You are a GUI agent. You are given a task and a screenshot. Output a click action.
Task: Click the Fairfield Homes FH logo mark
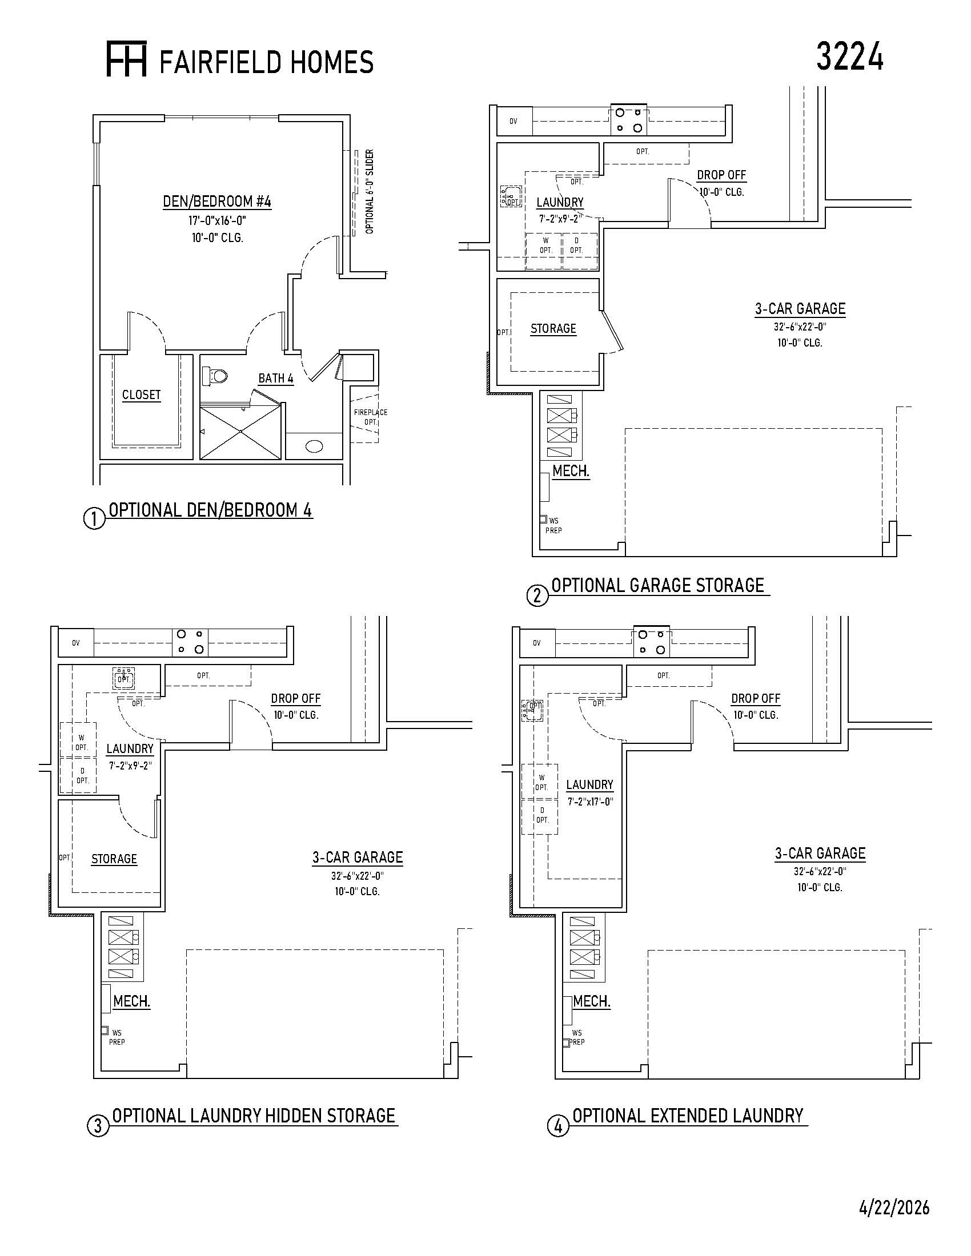pos(127,59)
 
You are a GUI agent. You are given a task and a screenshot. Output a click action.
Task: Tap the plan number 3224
pos(850,57)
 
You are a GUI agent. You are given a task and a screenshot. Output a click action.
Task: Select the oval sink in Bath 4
pos(314,446)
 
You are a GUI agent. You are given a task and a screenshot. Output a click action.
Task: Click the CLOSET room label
pos(141,395)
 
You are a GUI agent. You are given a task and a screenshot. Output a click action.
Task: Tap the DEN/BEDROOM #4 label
pos(217,202)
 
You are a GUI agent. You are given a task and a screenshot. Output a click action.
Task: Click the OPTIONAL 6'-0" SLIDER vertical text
pos(370,191)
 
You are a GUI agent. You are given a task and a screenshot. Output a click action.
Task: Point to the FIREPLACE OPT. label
pos(371,417)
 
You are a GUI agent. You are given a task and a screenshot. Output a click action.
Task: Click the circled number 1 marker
pos(95,519)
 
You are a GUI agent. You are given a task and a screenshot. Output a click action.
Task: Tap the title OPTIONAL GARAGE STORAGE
pos(657,585)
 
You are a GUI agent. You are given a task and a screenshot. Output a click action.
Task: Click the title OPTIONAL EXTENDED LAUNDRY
pos(688,1116)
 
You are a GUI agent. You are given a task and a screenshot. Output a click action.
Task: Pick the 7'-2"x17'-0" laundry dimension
pos(590,802)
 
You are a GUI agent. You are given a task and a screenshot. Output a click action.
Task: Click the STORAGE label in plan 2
pos(553,328)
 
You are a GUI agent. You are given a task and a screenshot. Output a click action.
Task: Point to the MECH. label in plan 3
pos(132,1001)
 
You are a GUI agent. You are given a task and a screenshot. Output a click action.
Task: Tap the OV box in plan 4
pos(537,643)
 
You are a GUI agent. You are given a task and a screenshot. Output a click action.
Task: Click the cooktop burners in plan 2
pos(628,120)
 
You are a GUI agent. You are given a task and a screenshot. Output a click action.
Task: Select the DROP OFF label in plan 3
pos(296,698)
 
